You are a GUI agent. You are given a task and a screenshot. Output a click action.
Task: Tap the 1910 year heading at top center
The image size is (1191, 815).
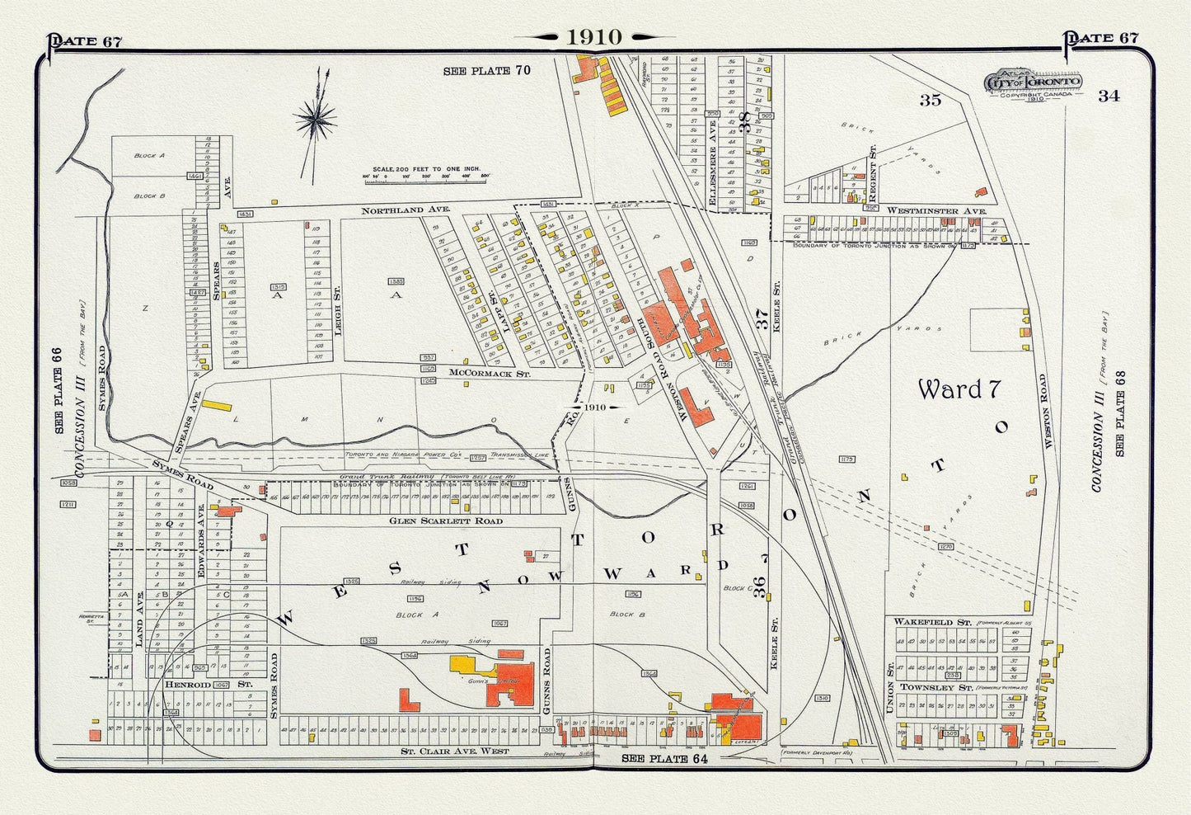(x=593, y=37)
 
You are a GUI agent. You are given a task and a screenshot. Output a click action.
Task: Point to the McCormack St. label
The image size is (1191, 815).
(x=490, y=373)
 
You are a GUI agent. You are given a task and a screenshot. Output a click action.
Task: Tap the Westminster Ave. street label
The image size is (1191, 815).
(x=922, y=211)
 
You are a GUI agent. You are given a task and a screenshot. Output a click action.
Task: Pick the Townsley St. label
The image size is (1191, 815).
(x=929, y=686)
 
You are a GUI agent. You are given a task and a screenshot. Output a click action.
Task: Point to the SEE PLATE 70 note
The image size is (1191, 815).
(x=486, y=71)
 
